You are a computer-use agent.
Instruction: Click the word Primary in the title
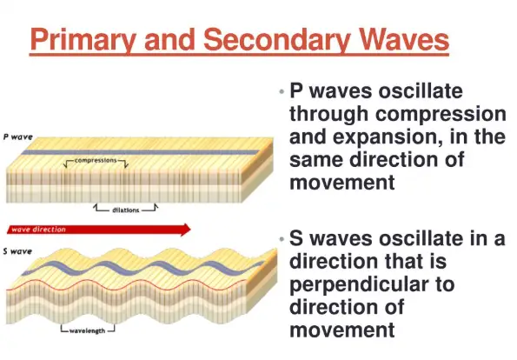pyautogui.click(x=83, y=40)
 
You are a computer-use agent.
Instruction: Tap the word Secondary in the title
pyautogui.click(x=276, y=40)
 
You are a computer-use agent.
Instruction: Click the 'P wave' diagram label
pyautogui.click(x=17, y=137)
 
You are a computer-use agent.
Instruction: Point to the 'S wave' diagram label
pyautogui.click(x=17, y=251)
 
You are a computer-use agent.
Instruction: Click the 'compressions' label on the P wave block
pyautogui.click(x=96, y=160)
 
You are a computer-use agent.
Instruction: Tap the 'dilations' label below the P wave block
pyautogui.click(x=126, y=210)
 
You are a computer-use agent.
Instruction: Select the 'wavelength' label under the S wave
pyautogui.click(x=88, y=330)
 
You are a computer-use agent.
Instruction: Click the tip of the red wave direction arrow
pyautogui.click(x=190, y=230)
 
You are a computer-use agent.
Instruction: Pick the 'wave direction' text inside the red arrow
pyautogui.click(x=38, y=230)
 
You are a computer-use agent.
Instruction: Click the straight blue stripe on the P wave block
pyautogui.click(x=141, y=152)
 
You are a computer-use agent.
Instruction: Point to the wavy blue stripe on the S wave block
pyautogui.click(x=143, y=268)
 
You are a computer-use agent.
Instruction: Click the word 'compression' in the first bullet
pyautogui.click(x=441, y=115)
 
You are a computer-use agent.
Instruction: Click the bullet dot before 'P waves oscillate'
pyautogui.click(x=282, y=91)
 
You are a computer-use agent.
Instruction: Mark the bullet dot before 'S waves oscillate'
pyautogui.click(x=282, y=238)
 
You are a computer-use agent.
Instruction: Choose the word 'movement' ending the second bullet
pyautogui.click(x=342, y=330)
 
